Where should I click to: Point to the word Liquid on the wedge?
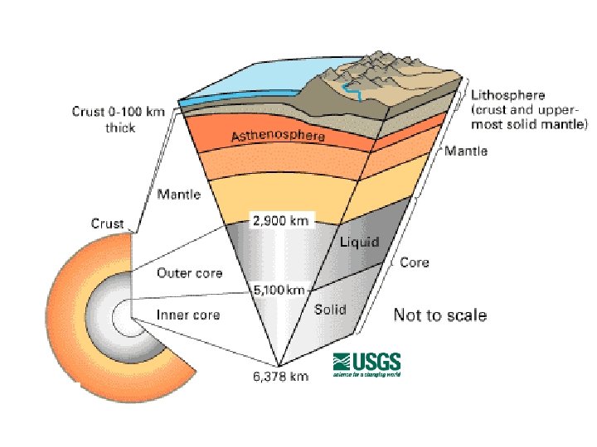(358, 242)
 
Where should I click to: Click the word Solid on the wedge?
(330, 310)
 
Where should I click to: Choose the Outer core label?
(189, 273)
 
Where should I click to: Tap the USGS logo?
(366, 364)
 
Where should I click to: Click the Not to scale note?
(439, 315)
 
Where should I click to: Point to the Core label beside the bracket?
(415, 262)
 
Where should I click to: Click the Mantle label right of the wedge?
(466, 151)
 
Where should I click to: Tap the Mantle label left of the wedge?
(178, 195)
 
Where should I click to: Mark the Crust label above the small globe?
(108, 223)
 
